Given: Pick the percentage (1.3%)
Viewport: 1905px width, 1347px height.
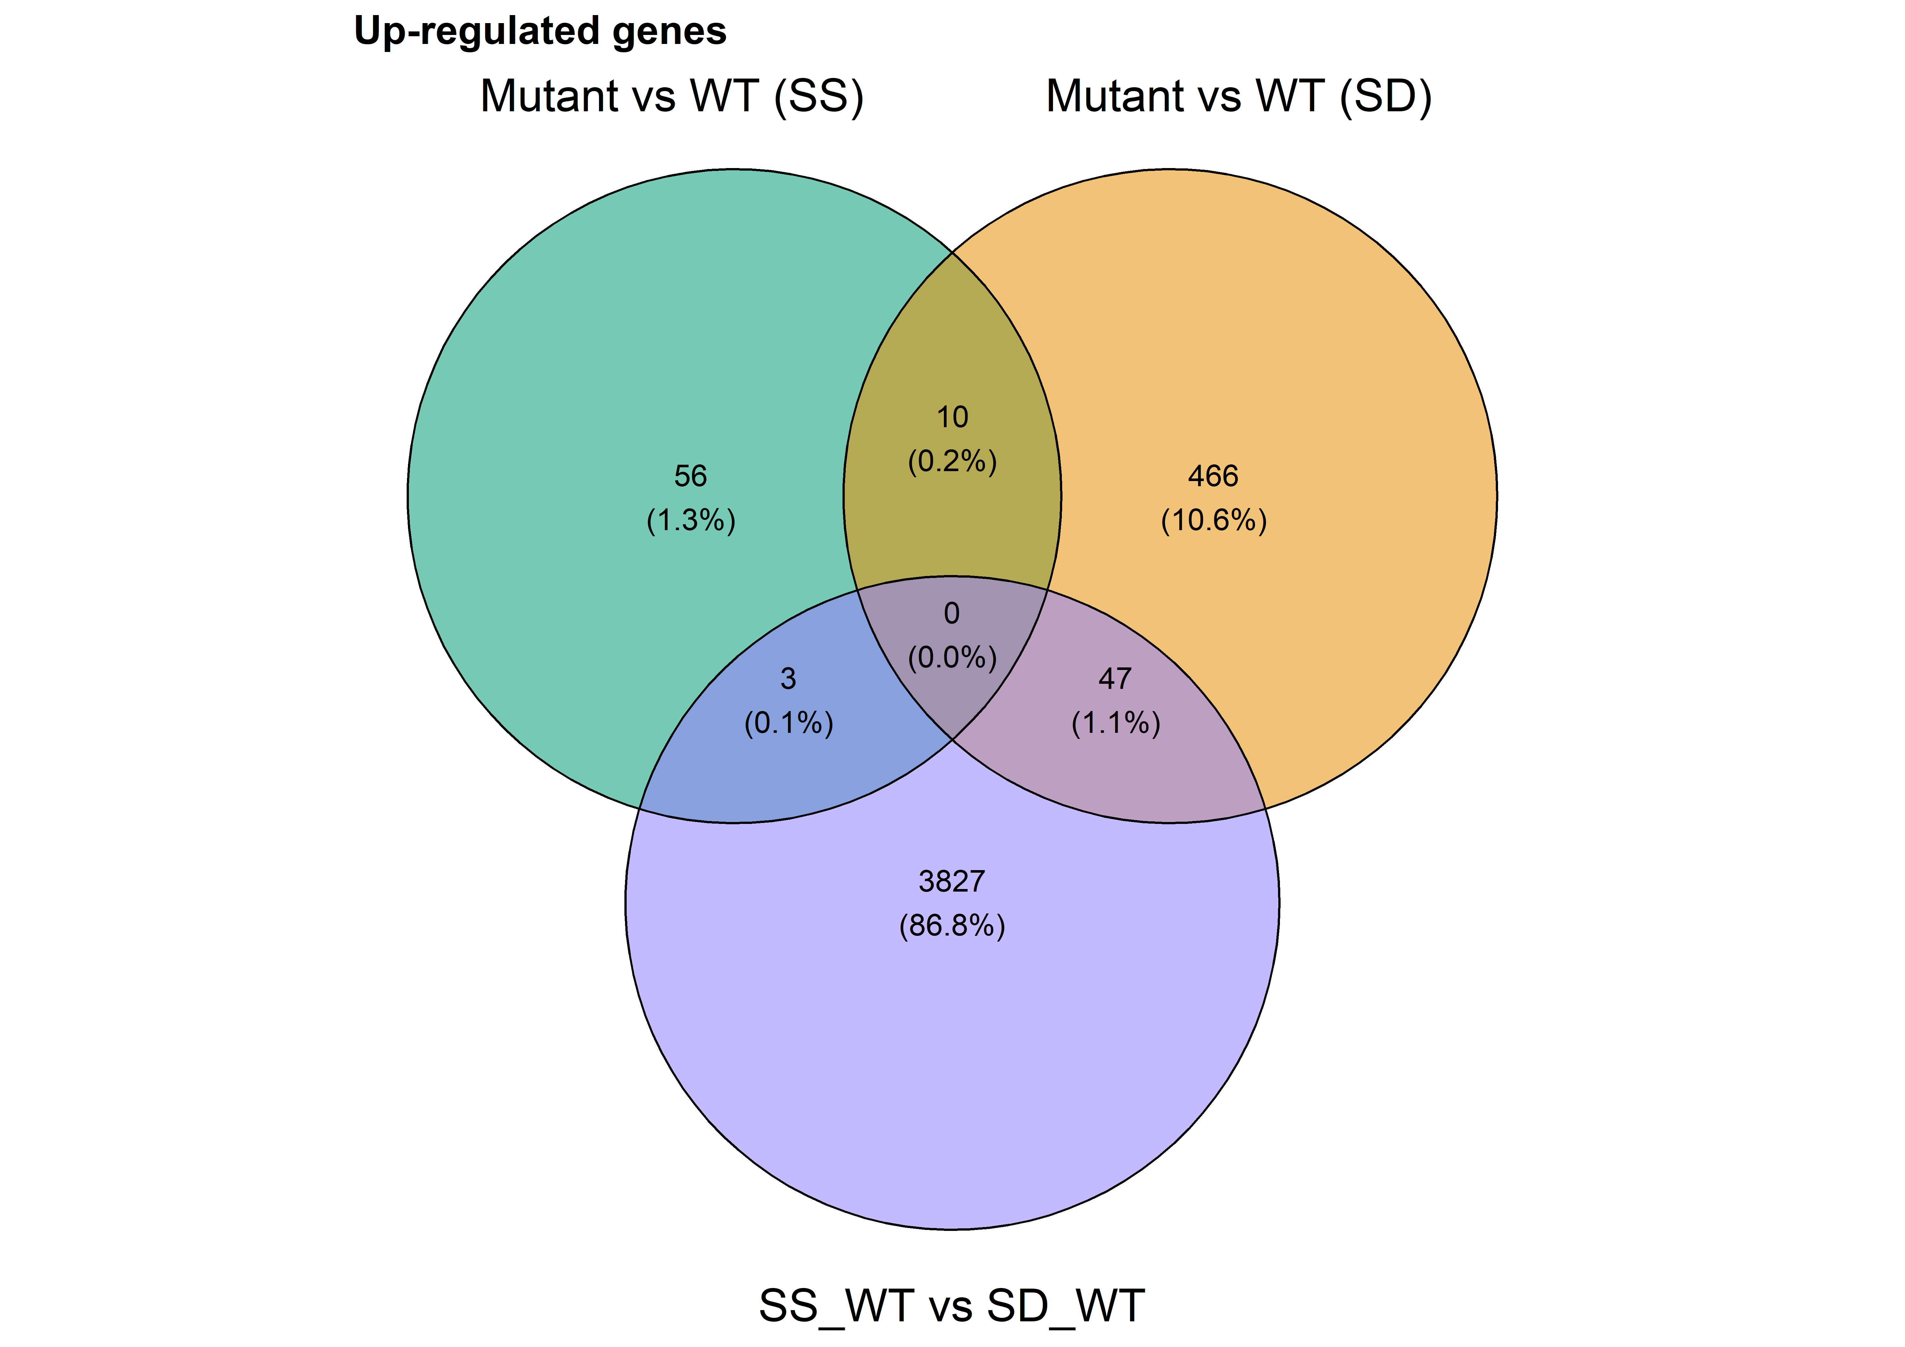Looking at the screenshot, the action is (691, 521).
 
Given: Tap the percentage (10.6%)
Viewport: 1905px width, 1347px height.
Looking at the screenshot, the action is (1214, 521).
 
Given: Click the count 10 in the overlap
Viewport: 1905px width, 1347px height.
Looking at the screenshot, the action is (952, 417).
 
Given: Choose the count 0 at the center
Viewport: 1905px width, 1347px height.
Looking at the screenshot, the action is (952, 613).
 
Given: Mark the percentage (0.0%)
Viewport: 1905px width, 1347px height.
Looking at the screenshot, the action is (952, 658).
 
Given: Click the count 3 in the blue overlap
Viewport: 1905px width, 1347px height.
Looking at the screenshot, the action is (788, 679).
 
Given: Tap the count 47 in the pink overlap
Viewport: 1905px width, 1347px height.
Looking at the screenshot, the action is (1115, 679).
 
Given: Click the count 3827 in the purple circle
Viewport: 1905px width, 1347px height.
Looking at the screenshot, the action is (952, 881).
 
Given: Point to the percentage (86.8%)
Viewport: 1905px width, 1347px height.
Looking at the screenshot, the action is (952, 925).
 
